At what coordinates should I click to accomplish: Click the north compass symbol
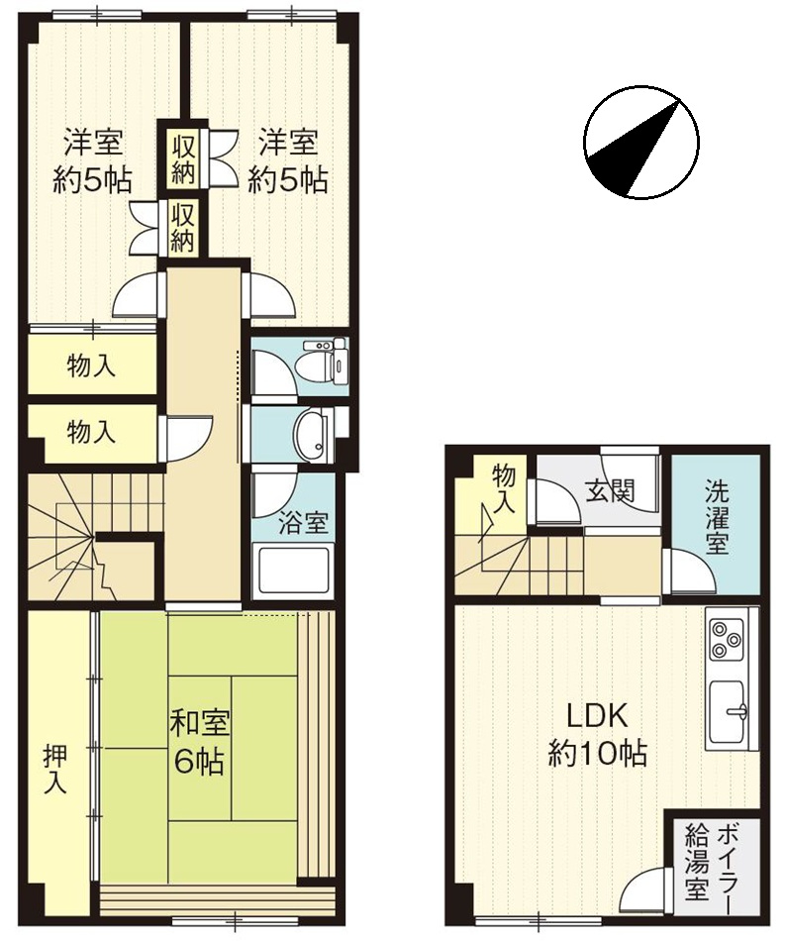point(640,143)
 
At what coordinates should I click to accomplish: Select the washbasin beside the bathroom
point(311,435)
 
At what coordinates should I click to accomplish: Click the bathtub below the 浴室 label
point(293,572)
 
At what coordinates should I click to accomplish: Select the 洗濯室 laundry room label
point(717,517)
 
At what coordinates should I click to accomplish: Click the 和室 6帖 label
point(200,742)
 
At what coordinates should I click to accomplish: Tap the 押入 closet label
point(55,771)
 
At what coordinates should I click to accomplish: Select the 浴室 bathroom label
point(303,523)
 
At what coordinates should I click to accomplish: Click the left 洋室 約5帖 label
point(93,160)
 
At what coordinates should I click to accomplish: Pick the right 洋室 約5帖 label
point(288,160)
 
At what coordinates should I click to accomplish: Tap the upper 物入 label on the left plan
point(91,366)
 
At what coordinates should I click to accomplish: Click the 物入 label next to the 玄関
point(504,489)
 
